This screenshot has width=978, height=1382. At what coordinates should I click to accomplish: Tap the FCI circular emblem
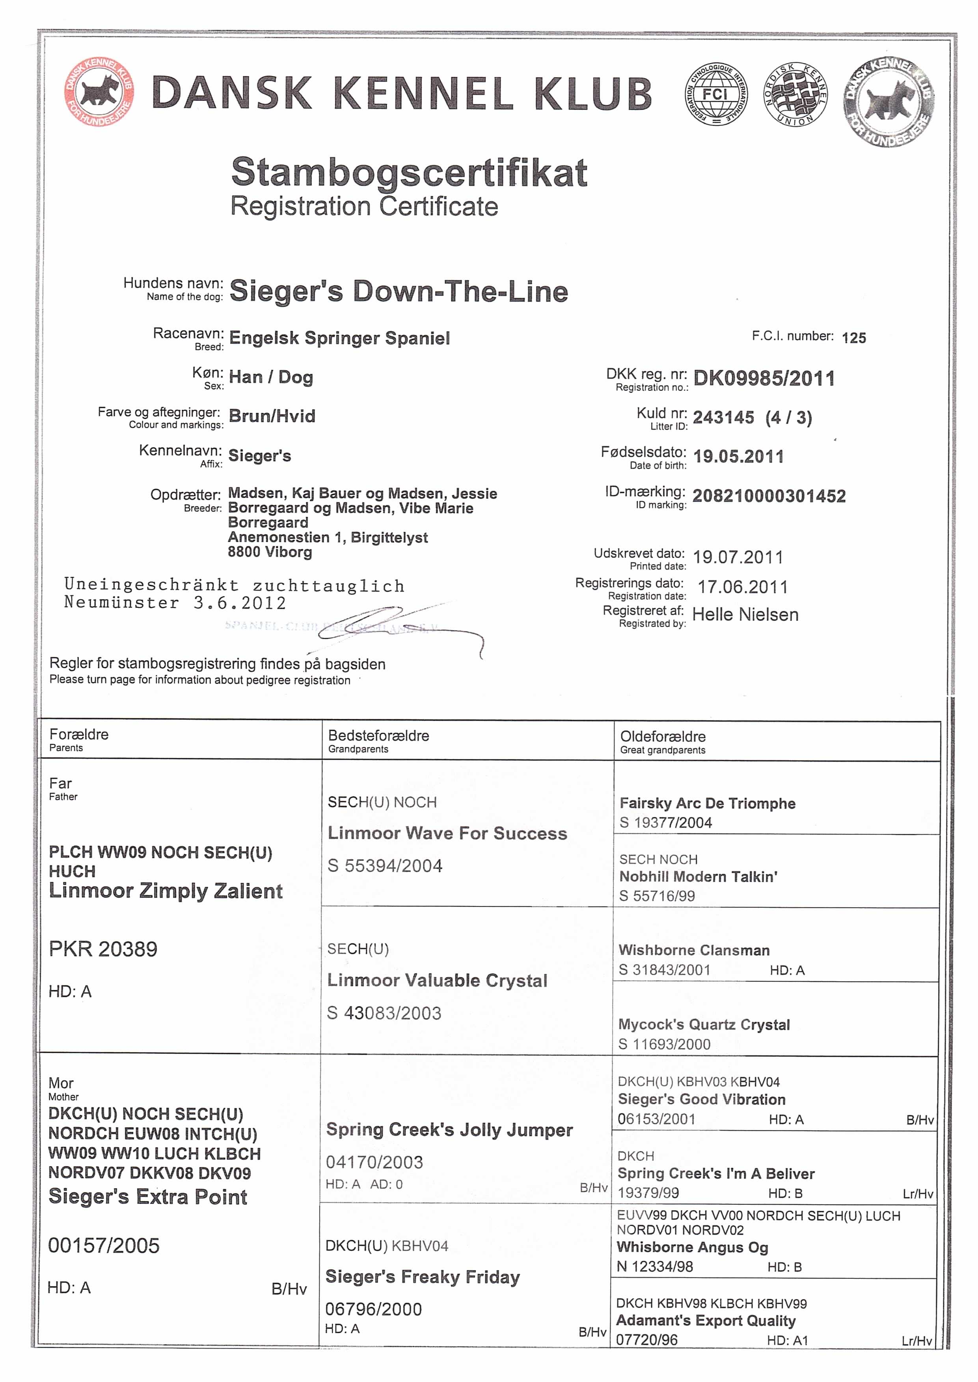(x=715, y=95)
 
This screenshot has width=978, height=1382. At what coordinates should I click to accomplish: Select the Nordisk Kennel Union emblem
(x=795, y=95)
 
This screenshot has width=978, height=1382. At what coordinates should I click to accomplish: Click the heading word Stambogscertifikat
(x=409, y=173)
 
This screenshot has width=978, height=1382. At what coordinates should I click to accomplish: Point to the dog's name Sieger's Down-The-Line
(x=399, y=291)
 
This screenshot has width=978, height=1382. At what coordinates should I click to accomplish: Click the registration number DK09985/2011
(x=764, y=379)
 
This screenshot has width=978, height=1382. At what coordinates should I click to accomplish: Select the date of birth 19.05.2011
(x=738, y=456)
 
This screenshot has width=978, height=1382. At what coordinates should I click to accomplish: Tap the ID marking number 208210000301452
(x=769, y=496)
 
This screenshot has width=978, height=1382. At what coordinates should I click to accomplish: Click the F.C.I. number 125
(x=853, y=338)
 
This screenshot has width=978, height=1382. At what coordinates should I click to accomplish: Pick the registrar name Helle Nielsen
(x=745, y=615)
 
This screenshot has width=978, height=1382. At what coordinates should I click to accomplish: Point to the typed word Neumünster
(x=122, y=602)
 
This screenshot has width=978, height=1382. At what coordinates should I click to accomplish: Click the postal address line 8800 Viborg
(x=270, y=552)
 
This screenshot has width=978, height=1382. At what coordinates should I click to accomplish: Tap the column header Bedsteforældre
(x=378, y=735)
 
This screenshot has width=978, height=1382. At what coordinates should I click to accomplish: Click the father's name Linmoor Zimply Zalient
(x=166, y=891)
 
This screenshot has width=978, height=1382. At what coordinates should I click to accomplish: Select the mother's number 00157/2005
(x=104, y=1245)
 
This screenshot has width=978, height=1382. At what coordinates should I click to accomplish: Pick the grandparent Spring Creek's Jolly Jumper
(x=449, y=1130)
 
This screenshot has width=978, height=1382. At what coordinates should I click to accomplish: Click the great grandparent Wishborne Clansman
(x=694, y=951)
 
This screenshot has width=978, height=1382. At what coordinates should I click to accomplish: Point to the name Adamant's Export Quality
(x=705, y=1321)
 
